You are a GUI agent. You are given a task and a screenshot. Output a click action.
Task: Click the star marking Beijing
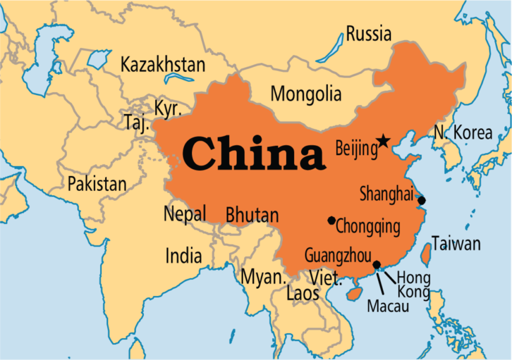[x=383, y=141]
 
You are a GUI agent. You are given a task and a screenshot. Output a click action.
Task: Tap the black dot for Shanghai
[x=421, y=200]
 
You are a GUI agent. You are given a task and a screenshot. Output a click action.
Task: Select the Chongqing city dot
[x=331, y=220]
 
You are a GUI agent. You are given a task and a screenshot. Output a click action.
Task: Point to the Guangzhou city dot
[x=376, y=264]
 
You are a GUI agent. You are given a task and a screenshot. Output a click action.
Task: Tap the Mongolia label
[x=306, y=93]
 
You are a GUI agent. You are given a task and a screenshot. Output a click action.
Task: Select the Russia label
[x=368, y=34]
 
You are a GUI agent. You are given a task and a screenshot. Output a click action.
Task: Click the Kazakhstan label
[x=163, y=64]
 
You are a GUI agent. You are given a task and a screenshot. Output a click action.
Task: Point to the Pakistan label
[x=97, y=183]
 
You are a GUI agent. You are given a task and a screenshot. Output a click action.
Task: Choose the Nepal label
[x=184, y=214]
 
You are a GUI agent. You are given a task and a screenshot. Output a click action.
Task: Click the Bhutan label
[x=252, y=215]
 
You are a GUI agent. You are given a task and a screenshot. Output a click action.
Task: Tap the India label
[x=183, y=256]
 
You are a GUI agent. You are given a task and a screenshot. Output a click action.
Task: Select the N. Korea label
[x=463, y=132]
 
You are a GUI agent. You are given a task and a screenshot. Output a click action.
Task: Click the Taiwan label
[x=456, y=243]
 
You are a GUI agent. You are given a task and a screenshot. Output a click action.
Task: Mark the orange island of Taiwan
[x=426, y=254]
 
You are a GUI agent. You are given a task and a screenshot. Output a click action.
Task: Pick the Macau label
[x=387, y=305]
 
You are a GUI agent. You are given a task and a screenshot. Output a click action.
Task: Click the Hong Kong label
[x=413, y=284]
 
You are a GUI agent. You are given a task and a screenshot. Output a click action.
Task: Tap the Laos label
[x=302, y=293]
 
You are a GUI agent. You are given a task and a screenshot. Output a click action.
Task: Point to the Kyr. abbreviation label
[x=167, y=108]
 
